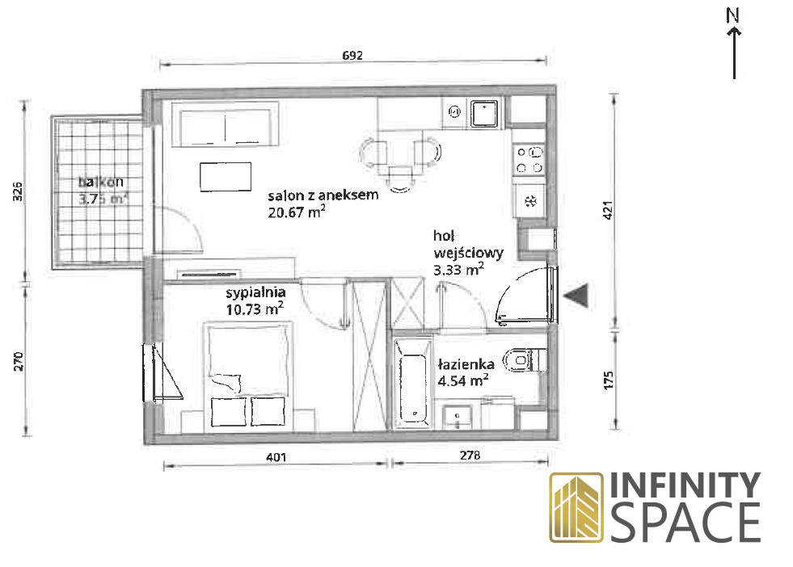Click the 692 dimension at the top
pyautogui.click(x=352, y=55)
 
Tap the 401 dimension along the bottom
pyautogui.click(x=276, y=457)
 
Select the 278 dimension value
pyautogui.click(x=470, y=456)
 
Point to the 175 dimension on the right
pyautogui.click(x=609, y=380)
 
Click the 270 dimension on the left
pyautogui.click(x=19, y=362)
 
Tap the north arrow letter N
pyautogui.click(x=733, y=15)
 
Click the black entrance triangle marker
pyautogui.click(x=576, y=295)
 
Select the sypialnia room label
pyautogui.click(x=255, y=292)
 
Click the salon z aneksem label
pyautogui.click(x=323, y=195)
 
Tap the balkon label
pyautogui.click(x=101, y=182)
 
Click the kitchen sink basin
pyautogui.click(x=484, y=114)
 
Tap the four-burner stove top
pyautogui.click(x=529, y=159)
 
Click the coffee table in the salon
pyautogui.click(x=226, y=177)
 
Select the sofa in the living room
pyautogui.click(x=225, y=124)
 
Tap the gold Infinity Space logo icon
pyautogui.click(x=576, y=507)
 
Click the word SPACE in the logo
pyautogui.click(x=686, y=523)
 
